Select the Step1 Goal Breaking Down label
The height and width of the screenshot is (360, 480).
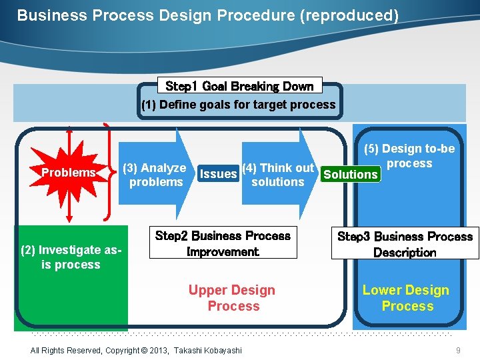pyautogui.click(x=239, y=86)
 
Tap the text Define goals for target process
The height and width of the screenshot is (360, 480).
pyautogui.click(x=238, y=105)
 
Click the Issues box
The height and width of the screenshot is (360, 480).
pyautogui.click(x=218, y=174)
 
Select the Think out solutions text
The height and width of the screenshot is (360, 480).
pyautogui.click(x=278, y=175)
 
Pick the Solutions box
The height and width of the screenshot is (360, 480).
pyautogui.click(x=350, y=175)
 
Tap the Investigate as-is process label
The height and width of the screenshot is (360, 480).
pyautogui.click(x=70, y=257)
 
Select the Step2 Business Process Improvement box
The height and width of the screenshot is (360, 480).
pyautogui.click(x=223, y=244)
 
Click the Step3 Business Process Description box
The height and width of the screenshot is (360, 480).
pyautogui.click(x=405, y=245)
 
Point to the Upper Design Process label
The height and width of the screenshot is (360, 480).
pyautogui.click(x=232, y=298)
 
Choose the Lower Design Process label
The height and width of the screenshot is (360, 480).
pyautogui.click(x=406, y=298)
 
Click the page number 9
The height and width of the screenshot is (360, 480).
pyautogui.click(x=458, y=351)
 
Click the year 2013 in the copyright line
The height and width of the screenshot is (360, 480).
pyautogui.click(x=157, y=351)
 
